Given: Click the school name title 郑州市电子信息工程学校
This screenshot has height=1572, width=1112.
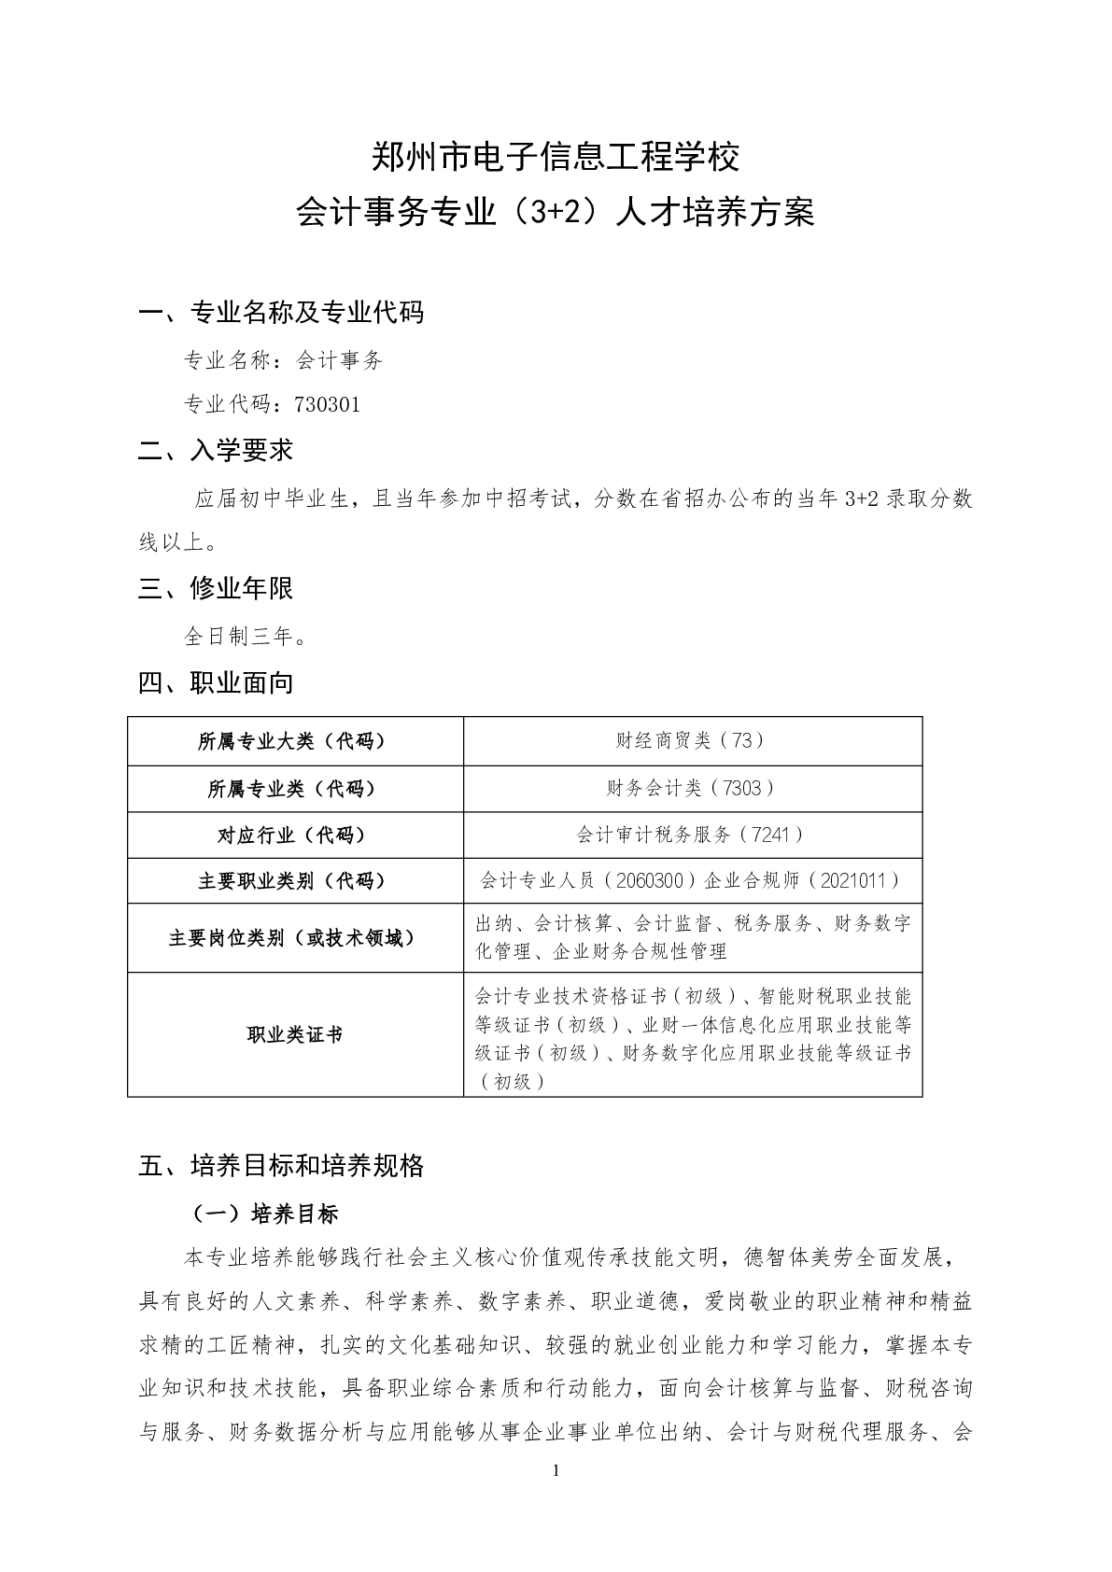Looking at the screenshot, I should (x=556, y=157).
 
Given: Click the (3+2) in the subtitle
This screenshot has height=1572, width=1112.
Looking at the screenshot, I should (x=556, y=213).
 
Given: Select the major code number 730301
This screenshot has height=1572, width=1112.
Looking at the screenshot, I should (x=327, y=404).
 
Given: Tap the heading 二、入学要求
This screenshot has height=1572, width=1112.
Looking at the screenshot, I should (x=216, y=451).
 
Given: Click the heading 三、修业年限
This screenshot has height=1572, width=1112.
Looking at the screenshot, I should (x=216, y=588).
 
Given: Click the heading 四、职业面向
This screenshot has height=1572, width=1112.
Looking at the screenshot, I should (x=216, y=683).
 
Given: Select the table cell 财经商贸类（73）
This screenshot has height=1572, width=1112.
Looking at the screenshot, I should (x=692, y=741).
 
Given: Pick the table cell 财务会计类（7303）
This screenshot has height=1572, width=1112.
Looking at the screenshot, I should (x=692, y=789).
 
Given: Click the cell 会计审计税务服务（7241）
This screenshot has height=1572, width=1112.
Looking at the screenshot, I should (x=692, y=835).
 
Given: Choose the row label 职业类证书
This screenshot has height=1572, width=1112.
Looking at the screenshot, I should (x=295, y=1034).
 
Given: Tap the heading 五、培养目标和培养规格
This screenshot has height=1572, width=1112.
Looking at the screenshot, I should (x=281, y=1166).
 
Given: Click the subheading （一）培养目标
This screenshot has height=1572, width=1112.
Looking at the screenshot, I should (x=265, y=1214).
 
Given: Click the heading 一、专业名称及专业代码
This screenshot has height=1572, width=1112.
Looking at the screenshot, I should (x=281, y=313).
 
